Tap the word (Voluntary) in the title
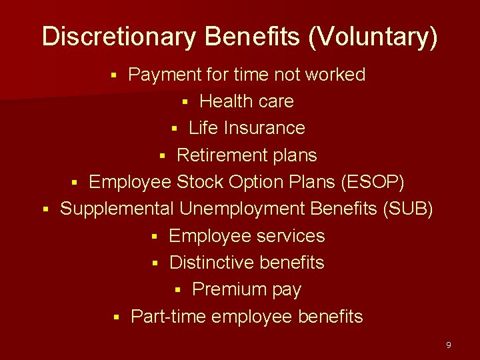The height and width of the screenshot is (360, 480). [x=373, y=37]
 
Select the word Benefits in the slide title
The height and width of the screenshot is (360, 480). [x=253, y=37]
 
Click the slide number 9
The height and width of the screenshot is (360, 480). [x=448, y=345]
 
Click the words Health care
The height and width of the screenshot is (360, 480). [x=246, y=101]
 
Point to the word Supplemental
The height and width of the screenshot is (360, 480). [x=117, y=209]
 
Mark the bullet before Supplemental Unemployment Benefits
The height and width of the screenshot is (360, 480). [x=45, y=210]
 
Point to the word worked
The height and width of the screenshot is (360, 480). [x=335, y=75]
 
